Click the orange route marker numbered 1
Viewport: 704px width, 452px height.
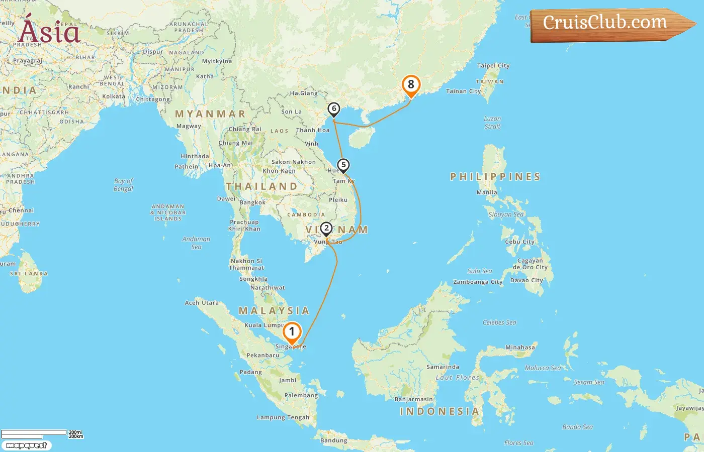click(292, 332)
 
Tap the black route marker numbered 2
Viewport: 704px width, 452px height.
click(326, 229)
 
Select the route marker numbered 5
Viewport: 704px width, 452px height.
click(343, 165)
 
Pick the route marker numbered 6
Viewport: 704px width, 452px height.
click(333, 109)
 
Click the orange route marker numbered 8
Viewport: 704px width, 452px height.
click(411, 85)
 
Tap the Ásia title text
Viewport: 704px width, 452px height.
click(49, 32)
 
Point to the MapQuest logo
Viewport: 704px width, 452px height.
click(26, 445)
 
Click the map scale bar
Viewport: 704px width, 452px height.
click(34, 432)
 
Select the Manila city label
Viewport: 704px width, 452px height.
click(487, 192)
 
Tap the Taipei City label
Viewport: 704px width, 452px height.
click(493, 66)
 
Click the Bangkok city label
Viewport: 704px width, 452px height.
click(252, 203)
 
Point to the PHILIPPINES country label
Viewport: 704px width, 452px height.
click(495, 177)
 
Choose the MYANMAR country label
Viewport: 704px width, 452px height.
click(210, 114)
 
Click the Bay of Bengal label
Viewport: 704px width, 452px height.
click(123, 185)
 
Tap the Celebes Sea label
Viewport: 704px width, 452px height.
click(499, 322)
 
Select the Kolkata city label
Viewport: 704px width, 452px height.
click(114, 96)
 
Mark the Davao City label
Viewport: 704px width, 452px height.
click(526, 280)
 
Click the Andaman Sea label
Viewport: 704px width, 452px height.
click(196, 243)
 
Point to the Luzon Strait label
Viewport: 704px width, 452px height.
click(492, 123)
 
